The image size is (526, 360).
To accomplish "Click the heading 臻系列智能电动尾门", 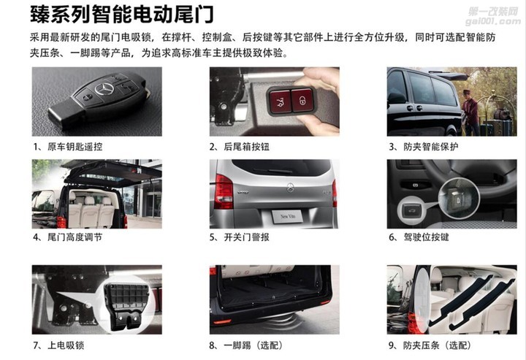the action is pyautogui.click(x=122, y=15).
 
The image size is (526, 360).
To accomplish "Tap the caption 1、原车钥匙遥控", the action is pyautogui.click(x=67, y=147).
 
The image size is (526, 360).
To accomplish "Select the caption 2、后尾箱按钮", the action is pyautogui.click(x=239, y=147).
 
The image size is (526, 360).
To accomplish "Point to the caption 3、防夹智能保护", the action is pyautogui.click(x=423, y=147).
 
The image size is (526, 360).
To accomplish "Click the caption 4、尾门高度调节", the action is pyautogui.click(x=67, y=237).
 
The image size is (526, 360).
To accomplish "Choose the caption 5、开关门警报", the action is pyautogui.click(x=239, y=237).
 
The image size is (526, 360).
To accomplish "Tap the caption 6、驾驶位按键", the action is pyautogui.click(x=419, y=237).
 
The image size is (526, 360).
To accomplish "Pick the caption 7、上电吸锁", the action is pyautogui.click(x=58, y=345).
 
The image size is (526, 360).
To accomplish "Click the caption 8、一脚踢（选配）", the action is pyautogui.click(x=246, y=345).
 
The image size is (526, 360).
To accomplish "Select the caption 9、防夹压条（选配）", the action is pyautogui.click(x=430, y=345).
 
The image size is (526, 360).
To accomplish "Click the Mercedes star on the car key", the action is pyautogui.click(x=104, y=89).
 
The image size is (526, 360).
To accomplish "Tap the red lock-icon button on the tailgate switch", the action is pyautogui.click(x=302, y=100).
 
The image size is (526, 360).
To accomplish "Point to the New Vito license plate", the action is pyautogui.click(x=287, y=217).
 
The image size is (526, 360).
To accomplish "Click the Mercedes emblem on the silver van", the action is pyautogui.click(x=290, y=188).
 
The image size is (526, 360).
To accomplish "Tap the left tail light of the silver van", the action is pyautogui.click(x=224, y=192).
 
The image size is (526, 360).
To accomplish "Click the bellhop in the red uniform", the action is pyautogui.click(x=470, y=112).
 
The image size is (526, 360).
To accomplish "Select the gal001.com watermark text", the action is pyautogui.click(x=493, y=22).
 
